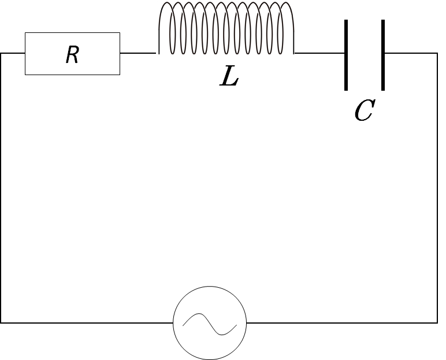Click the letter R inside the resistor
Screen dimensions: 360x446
72,55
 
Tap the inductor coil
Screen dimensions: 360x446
226,29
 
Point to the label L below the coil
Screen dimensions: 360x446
229,77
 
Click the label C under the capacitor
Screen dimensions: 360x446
363,111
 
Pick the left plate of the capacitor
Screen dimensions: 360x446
346,55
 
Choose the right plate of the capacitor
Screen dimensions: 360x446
383,55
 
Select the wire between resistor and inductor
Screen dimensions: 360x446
138,53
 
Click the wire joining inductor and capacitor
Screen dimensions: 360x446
319,53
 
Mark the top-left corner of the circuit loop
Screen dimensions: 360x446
1,53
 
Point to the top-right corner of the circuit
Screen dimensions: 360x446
437,53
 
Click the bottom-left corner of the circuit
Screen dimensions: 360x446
1,322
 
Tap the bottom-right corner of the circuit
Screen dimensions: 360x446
437,322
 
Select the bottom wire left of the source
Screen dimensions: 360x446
87,322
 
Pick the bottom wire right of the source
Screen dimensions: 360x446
341,322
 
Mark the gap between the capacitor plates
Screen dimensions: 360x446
365,55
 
